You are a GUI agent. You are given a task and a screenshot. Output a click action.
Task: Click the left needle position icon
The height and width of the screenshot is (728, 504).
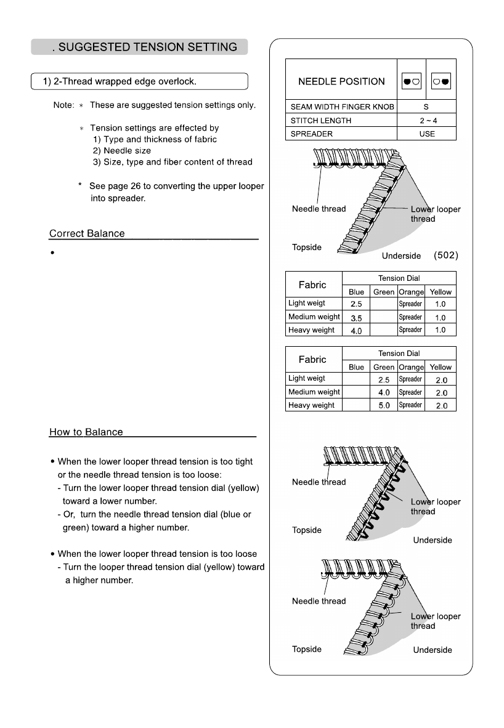411,81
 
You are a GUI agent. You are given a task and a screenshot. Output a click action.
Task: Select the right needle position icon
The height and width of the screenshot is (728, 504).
441,81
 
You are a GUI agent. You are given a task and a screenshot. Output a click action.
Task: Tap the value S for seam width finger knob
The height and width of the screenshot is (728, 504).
426,107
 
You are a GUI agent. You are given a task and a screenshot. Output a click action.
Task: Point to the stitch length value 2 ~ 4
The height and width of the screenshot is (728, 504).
426,121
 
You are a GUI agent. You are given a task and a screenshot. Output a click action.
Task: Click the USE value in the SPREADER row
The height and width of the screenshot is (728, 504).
426,134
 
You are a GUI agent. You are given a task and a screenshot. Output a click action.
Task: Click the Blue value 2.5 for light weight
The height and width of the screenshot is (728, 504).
356,304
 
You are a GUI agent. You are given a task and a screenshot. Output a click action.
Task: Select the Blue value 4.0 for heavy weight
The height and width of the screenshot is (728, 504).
356,331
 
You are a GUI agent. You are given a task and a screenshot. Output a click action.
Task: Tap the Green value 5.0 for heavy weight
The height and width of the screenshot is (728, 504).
384,406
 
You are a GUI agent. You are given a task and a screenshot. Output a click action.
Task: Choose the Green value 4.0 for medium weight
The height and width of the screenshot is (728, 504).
384,392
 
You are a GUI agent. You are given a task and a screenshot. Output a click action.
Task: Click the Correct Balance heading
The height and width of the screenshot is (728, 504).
87,234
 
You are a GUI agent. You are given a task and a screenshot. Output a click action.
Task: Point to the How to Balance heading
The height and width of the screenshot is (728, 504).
86,432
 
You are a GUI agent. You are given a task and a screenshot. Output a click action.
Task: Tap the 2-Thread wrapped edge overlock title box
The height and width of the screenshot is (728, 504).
139,81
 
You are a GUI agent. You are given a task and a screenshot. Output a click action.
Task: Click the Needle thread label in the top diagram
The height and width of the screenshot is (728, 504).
319,209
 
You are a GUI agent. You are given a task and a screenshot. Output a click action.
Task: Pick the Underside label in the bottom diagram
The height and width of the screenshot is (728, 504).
432,650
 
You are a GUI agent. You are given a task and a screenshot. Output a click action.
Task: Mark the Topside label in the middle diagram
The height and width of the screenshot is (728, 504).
307,530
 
